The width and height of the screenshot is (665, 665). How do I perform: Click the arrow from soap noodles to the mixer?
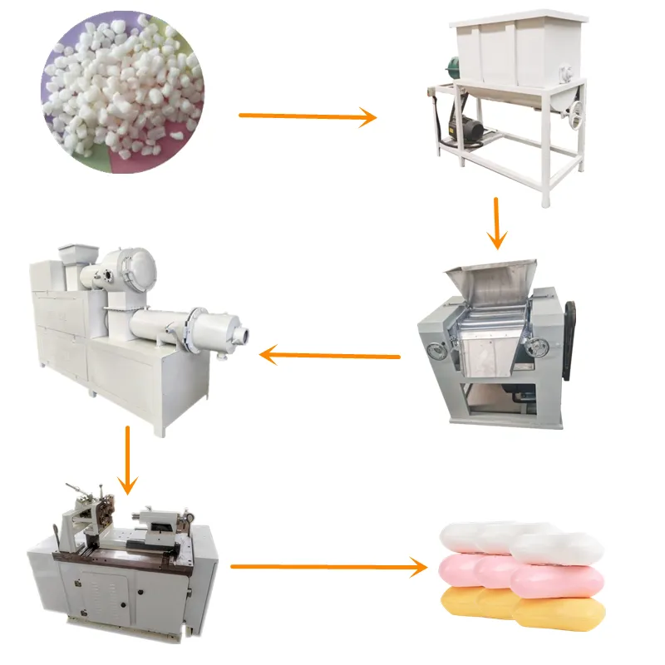tap(308, 116)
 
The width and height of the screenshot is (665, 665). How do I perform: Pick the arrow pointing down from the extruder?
tap(127, 461)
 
